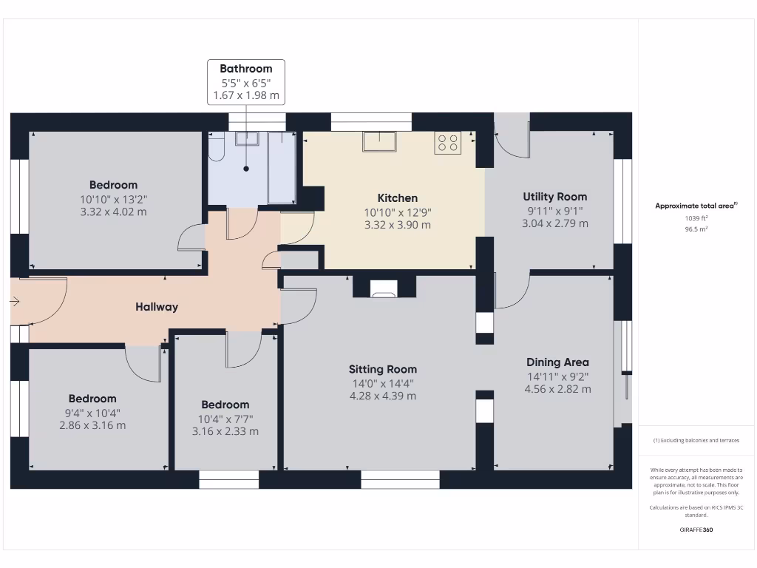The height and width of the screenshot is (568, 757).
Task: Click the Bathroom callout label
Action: (x=245, y=69)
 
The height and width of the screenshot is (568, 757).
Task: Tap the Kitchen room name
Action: (x=398, y=198)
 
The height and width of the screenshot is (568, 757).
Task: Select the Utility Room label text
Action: (x=554, y=197)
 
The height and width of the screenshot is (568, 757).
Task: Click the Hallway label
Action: (x=156, y=307)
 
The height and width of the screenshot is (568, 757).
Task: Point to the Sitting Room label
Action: (x=382, y=369)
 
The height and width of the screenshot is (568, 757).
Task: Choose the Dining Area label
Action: (x=557, y=362)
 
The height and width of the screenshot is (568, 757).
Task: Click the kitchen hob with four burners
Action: (x=447, y=141)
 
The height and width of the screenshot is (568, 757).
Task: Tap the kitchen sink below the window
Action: (x=379, y=141)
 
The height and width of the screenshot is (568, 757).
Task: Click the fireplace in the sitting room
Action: (x=384, y=289)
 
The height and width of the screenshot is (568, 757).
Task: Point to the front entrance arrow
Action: (x=16, y=301)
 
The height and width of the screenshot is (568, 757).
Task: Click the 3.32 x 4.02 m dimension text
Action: (x=113, y=212)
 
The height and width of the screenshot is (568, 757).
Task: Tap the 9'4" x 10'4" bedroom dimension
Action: (x=92, y=413)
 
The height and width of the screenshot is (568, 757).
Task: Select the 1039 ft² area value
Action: (x=696, y=219)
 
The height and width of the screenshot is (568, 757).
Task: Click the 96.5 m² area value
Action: (x=696, y=229)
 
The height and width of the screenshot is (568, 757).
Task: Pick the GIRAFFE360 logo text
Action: (x=696, y=530)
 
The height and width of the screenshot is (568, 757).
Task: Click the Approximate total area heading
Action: (x=696, y=206)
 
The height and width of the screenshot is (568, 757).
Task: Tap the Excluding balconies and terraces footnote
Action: (x=696, y=440)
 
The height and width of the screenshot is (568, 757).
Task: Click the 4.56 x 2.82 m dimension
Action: (x=557, y=389)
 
